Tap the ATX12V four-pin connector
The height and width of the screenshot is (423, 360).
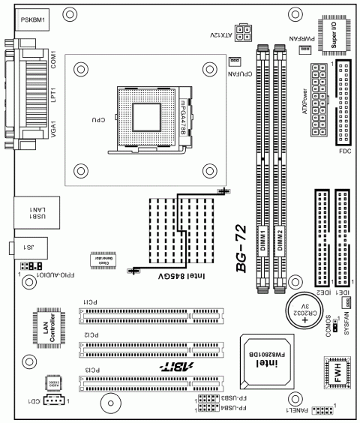241,32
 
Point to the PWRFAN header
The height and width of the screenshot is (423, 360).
305,49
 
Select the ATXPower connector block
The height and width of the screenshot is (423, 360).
316,105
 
